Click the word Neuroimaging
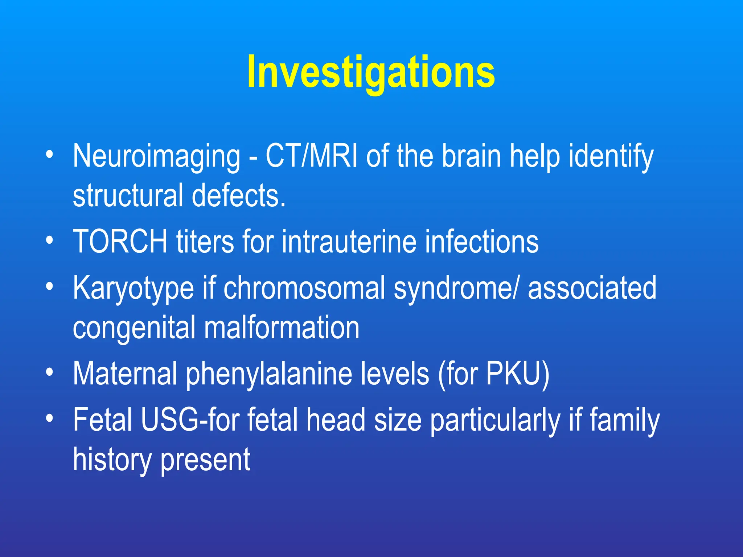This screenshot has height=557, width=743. pyautogui.click(x=156, y=157)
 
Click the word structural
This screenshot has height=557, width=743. pyautogui.click(x=128, y=196)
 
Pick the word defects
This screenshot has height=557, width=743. pyautogui.click(x=238, y=196)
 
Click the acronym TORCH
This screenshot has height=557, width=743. pyautogui.click(x=120, y=242)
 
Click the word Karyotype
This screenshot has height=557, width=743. pyautogui.click(x=134, y=288)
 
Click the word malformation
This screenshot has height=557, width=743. pyautogui.click(x=282, y=327)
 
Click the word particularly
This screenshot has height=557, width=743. pyautogui.click(x=495, y=421)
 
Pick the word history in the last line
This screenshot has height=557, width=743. pyautogui.click(x=112, y=460)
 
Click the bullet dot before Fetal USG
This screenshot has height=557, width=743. pyautogui.click(x=50, y=419)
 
